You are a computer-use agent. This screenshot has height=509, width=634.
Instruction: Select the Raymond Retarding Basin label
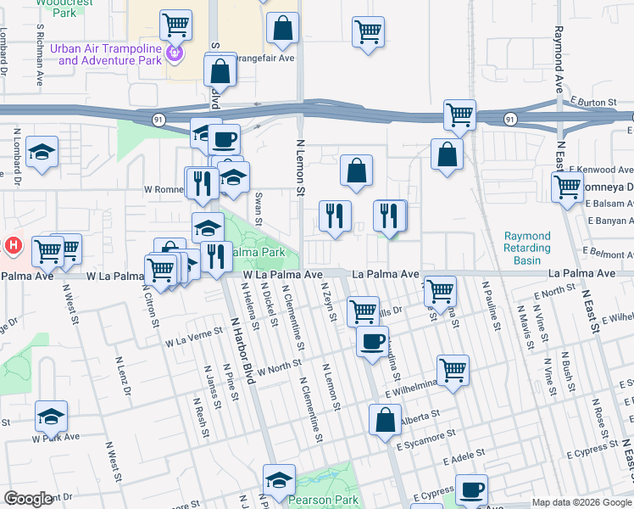(x=527, y=248)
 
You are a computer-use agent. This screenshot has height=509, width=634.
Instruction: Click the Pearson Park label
(x=322, y=500)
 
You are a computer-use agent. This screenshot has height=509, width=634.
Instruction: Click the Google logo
(x=29, y=499)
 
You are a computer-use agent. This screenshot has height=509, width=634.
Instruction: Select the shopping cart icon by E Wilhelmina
(x=453, y=370)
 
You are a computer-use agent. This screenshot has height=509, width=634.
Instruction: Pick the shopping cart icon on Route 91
(x=459, y=115)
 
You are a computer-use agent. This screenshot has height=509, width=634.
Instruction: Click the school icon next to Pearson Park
(x=279, y=479)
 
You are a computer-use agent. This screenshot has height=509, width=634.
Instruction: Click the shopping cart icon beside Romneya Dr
(x=567, y=187)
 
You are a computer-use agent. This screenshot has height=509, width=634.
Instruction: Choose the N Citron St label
(x=153, y=306)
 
